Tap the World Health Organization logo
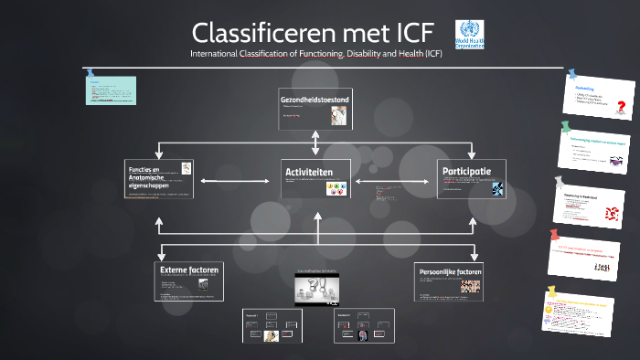pyautogui.click(x=469, y=35)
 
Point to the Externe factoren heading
pyautogui.click(x=184, y=270)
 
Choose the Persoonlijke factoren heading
pyautogui.click(x=449, y=271)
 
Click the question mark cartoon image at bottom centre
pyautogui.click(x=316, y=290)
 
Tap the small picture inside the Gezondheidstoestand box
pyautogui.click(x=338, y=114)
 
